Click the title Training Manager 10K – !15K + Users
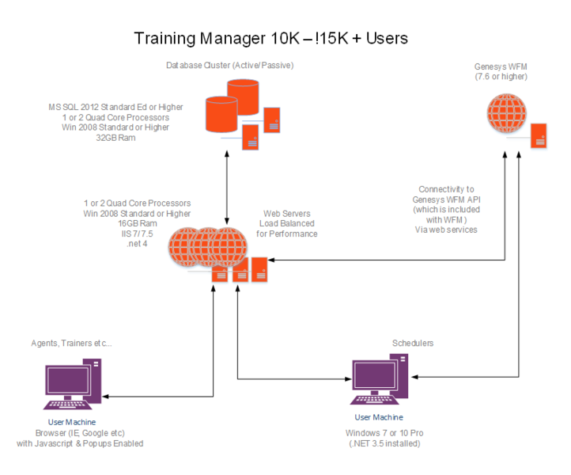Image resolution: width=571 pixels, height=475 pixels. pos(270,37)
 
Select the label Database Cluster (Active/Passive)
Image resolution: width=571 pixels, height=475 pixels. pos(229,65)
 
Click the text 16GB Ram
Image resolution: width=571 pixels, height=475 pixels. pos(137,224)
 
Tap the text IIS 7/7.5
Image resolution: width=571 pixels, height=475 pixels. pos(137,234)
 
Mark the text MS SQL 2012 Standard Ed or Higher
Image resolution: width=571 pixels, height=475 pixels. pos(115,107)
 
